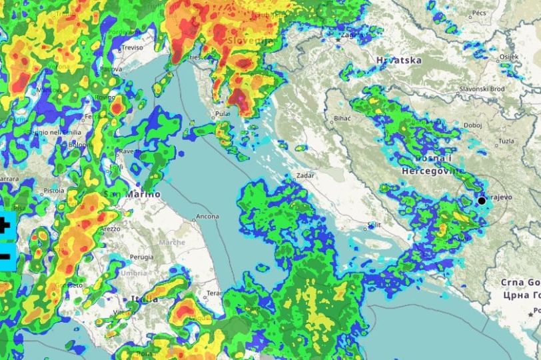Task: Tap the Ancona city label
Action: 207,217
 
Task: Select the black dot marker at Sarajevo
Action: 482,200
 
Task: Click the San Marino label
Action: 132,194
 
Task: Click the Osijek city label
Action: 508,57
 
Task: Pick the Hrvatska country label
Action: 398,60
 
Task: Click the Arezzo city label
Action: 111,229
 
